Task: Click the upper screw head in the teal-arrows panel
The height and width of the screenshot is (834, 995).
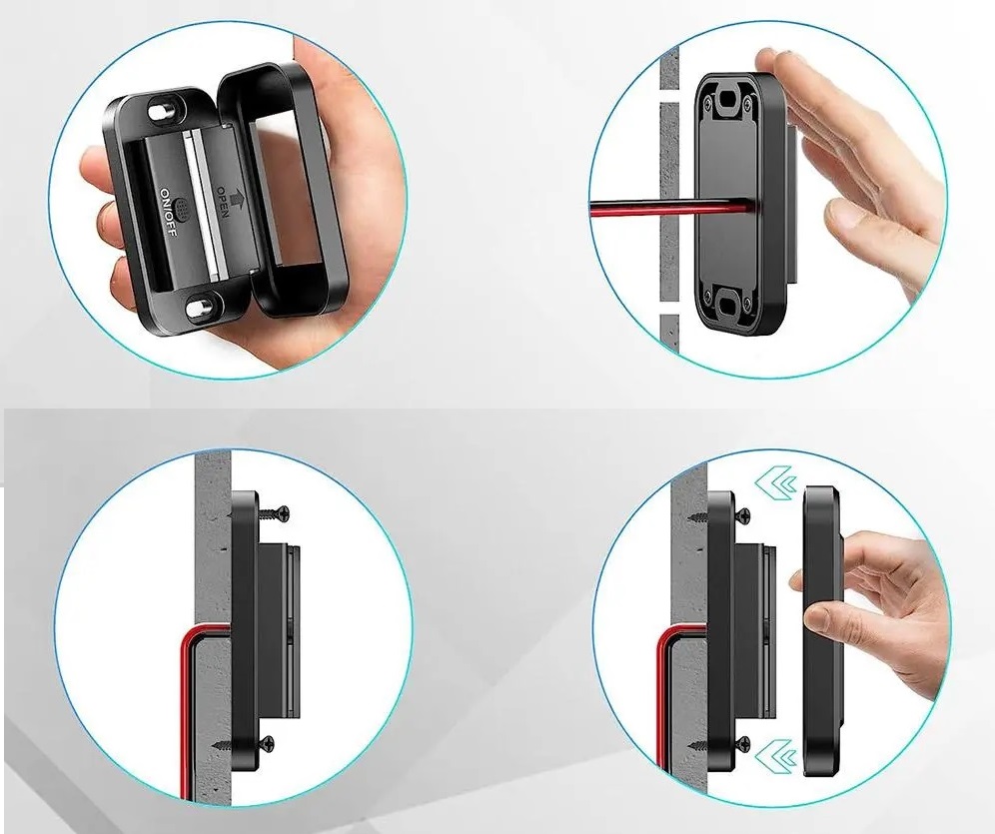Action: tap(743, 515)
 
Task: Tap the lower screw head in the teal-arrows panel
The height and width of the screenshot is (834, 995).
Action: tap(743, 741)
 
